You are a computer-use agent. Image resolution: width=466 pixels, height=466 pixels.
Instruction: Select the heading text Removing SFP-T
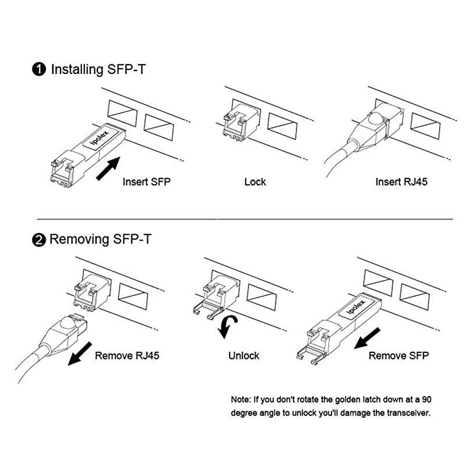coord(100,239)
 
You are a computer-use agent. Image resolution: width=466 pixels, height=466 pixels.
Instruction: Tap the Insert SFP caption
coord(146,182)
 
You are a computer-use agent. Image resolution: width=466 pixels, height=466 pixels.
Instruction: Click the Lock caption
coord(255,182)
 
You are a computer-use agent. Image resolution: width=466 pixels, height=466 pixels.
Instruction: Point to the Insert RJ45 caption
coord(401,182)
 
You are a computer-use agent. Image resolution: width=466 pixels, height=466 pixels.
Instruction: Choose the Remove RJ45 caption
coord(127,355)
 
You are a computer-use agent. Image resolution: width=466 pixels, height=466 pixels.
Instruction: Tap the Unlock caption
coord(244,355)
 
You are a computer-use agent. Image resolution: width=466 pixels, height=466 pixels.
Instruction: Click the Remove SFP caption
coord(398,355)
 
